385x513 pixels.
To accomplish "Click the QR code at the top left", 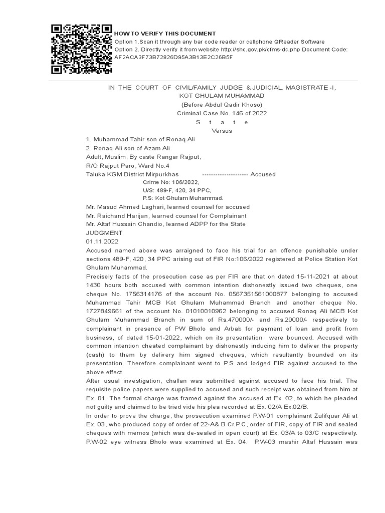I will click(82, 49).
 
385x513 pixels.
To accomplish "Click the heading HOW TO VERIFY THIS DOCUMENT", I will click(165, 34).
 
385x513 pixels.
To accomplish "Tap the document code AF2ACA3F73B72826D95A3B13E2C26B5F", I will click(173, 57).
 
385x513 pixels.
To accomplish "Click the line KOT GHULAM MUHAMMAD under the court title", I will click(222, 95).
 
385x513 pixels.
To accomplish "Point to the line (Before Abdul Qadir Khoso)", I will click(222, 104).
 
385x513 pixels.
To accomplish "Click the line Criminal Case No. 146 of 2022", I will click(222, 113).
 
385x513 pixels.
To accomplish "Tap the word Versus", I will click(222, 131).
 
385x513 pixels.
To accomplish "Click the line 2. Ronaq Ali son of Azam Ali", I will click(128, 148).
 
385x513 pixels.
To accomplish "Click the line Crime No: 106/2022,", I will click(171, 182).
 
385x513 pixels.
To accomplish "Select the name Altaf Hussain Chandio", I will click(134, 224).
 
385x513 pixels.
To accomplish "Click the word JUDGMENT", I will click(104, 233).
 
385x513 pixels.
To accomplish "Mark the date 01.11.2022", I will click(102, 241).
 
